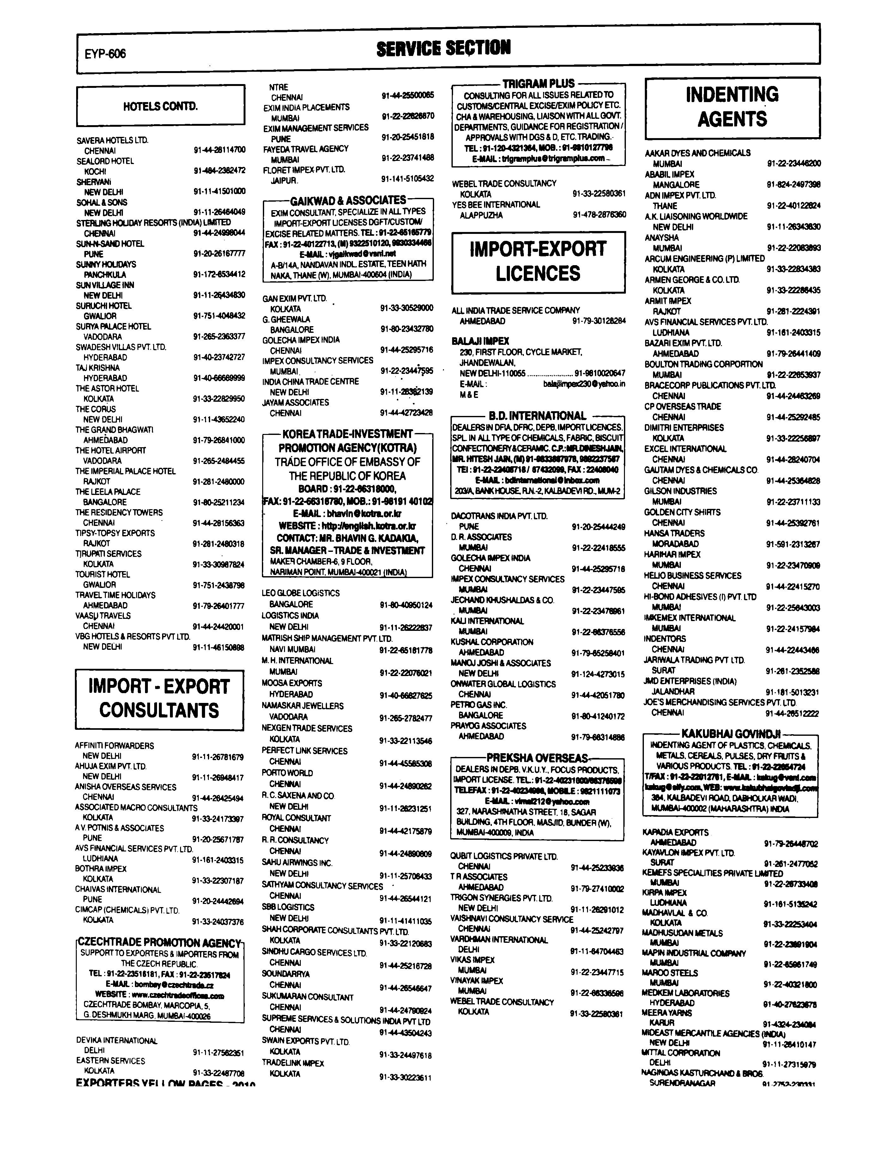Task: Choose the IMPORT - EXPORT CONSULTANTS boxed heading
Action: point(159,699)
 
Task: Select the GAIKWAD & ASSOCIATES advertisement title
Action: point(348,201)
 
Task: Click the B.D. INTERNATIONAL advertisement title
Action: point(537,416)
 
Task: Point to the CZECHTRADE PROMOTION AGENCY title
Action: point(160,942)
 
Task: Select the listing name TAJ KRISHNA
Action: point(98,368)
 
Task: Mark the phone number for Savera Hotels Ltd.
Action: point(219,150)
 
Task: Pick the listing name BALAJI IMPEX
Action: point(480,341)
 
